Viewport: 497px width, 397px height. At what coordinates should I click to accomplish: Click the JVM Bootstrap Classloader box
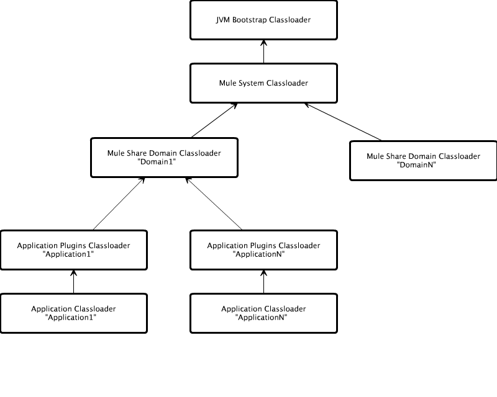263,20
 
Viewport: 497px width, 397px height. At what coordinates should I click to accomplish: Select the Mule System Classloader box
263,83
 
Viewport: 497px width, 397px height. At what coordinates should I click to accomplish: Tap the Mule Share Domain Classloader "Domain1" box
164,157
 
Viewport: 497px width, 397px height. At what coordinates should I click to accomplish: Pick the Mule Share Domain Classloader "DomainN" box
423,161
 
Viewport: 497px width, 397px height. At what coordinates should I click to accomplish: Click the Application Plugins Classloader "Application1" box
73,250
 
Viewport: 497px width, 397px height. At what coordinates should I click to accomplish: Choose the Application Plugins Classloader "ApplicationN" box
263,250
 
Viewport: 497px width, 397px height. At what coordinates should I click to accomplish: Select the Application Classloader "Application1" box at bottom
73,313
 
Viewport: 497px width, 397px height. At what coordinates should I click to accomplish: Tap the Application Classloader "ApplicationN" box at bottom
263,313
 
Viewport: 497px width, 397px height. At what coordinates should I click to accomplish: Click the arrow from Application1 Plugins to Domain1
119,203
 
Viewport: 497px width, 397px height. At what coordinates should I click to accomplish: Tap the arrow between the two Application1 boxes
73,282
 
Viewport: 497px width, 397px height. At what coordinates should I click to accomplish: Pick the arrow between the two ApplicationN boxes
263,282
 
